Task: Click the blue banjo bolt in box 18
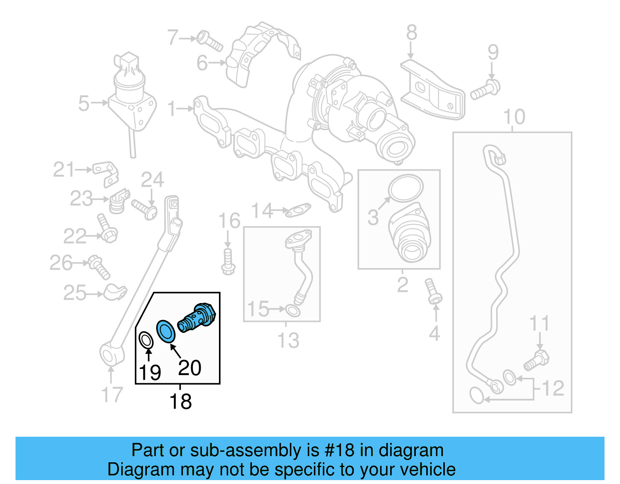[x=197, y=318]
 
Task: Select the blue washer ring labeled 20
[x=166, y=331]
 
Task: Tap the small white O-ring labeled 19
[x=146, y=340]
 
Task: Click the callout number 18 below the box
[x=181, y=401]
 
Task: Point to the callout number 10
[x=514, y=117]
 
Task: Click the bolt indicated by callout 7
[x=210, y=41]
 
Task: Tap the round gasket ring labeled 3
[x=406, y=188]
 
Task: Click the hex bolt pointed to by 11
[x=537, y=360]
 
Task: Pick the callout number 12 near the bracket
[x=553, y=388]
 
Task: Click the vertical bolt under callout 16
[x=228, y=262]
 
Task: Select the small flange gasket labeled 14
[x=298, y=210]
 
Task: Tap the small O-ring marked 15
[x=293, y=310]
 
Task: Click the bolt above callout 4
[x=433, y=291]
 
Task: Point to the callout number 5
[x=84, y=103]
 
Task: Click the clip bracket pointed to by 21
[x=106, y=172]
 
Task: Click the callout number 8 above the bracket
[x=412, y=33]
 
